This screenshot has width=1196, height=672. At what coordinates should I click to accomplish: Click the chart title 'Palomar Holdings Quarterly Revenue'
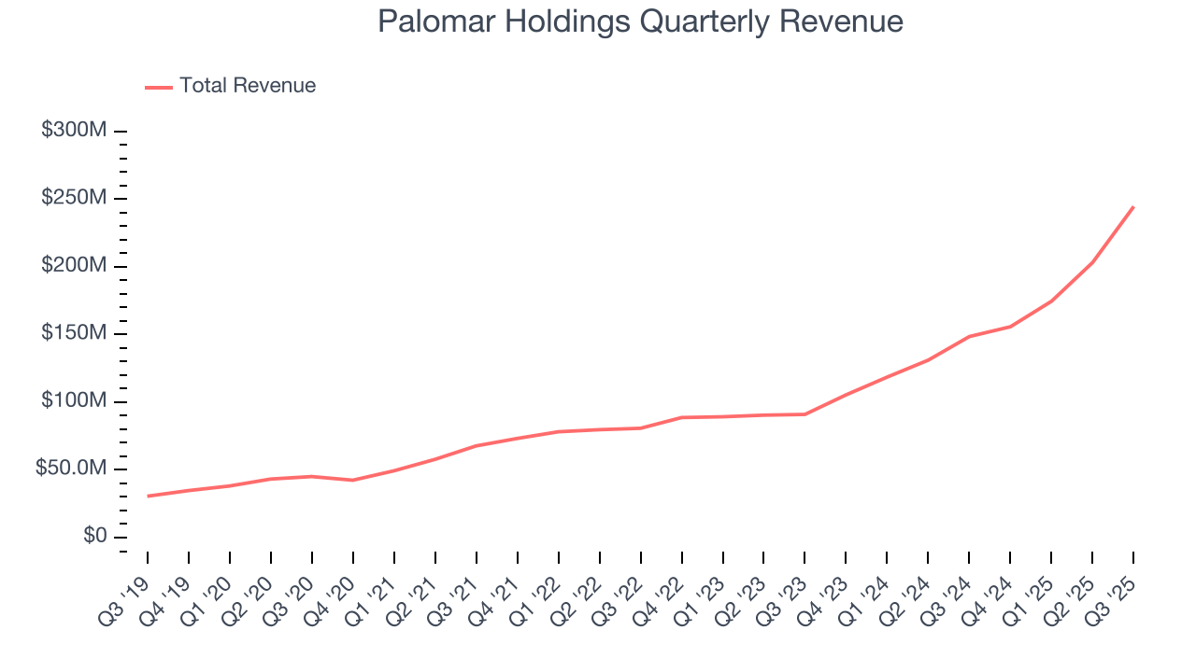click(640, 21)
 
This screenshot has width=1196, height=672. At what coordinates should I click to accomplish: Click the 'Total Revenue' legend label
click(248, 86)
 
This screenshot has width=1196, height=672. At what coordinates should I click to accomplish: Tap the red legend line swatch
click(159, 87)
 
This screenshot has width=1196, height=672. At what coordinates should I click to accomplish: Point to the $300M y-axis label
click(74, 131)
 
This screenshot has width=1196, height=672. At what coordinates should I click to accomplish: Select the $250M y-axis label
click(74, 199)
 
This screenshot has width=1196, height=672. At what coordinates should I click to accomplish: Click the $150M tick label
click(74, 334)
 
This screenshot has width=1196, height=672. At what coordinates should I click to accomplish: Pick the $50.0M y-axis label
click(71, 469)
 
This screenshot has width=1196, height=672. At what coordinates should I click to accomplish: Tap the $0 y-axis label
click(93, 537)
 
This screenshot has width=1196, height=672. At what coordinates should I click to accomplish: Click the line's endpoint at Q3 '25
click(1133, 207)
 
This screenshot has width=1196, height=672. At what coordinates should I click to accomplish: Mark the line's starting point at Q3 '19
click(148, 496)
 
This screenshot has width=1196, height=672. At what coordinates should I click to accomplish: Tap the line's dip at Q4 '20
click(353, 480)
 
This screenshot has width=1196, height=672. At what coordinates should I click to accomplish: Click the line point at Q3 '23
click(804, 413)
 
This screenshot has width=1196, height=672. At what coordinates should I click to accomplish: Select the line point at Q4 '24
click(1010, 327)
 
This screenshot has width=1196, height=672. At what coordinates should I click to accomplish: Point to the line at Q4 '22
click(682, 417)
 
